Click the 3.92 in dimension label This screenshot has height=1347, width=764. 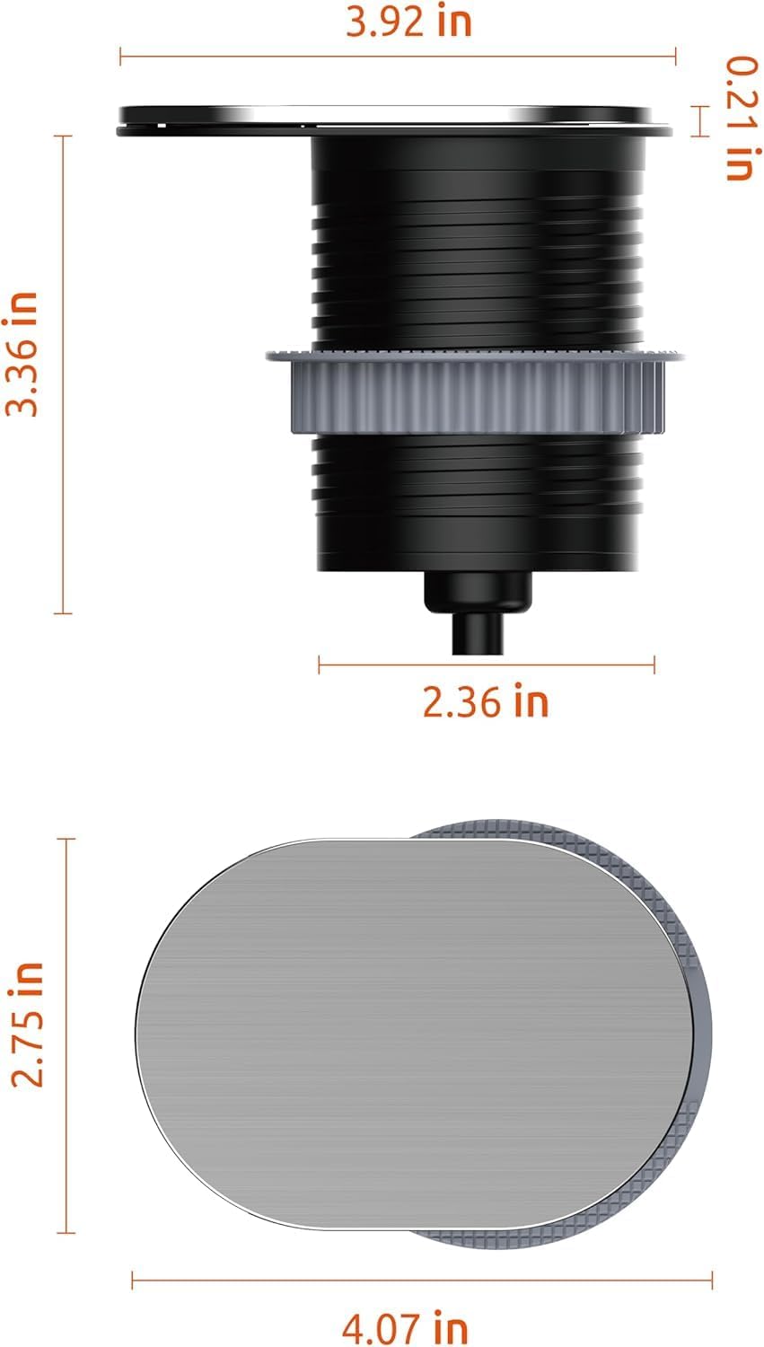408,22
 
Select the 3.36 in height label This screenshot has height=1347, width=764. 22,354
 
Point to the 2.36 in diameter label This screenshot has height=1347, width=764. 486,701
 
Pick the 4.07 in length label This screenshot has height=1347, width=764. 405,1327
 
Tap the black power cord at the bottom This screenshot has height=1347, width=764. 478,633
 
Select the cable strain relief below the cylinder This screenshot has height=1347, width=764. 479,592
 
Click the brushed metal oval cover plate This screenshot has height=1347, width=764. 415,1034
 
